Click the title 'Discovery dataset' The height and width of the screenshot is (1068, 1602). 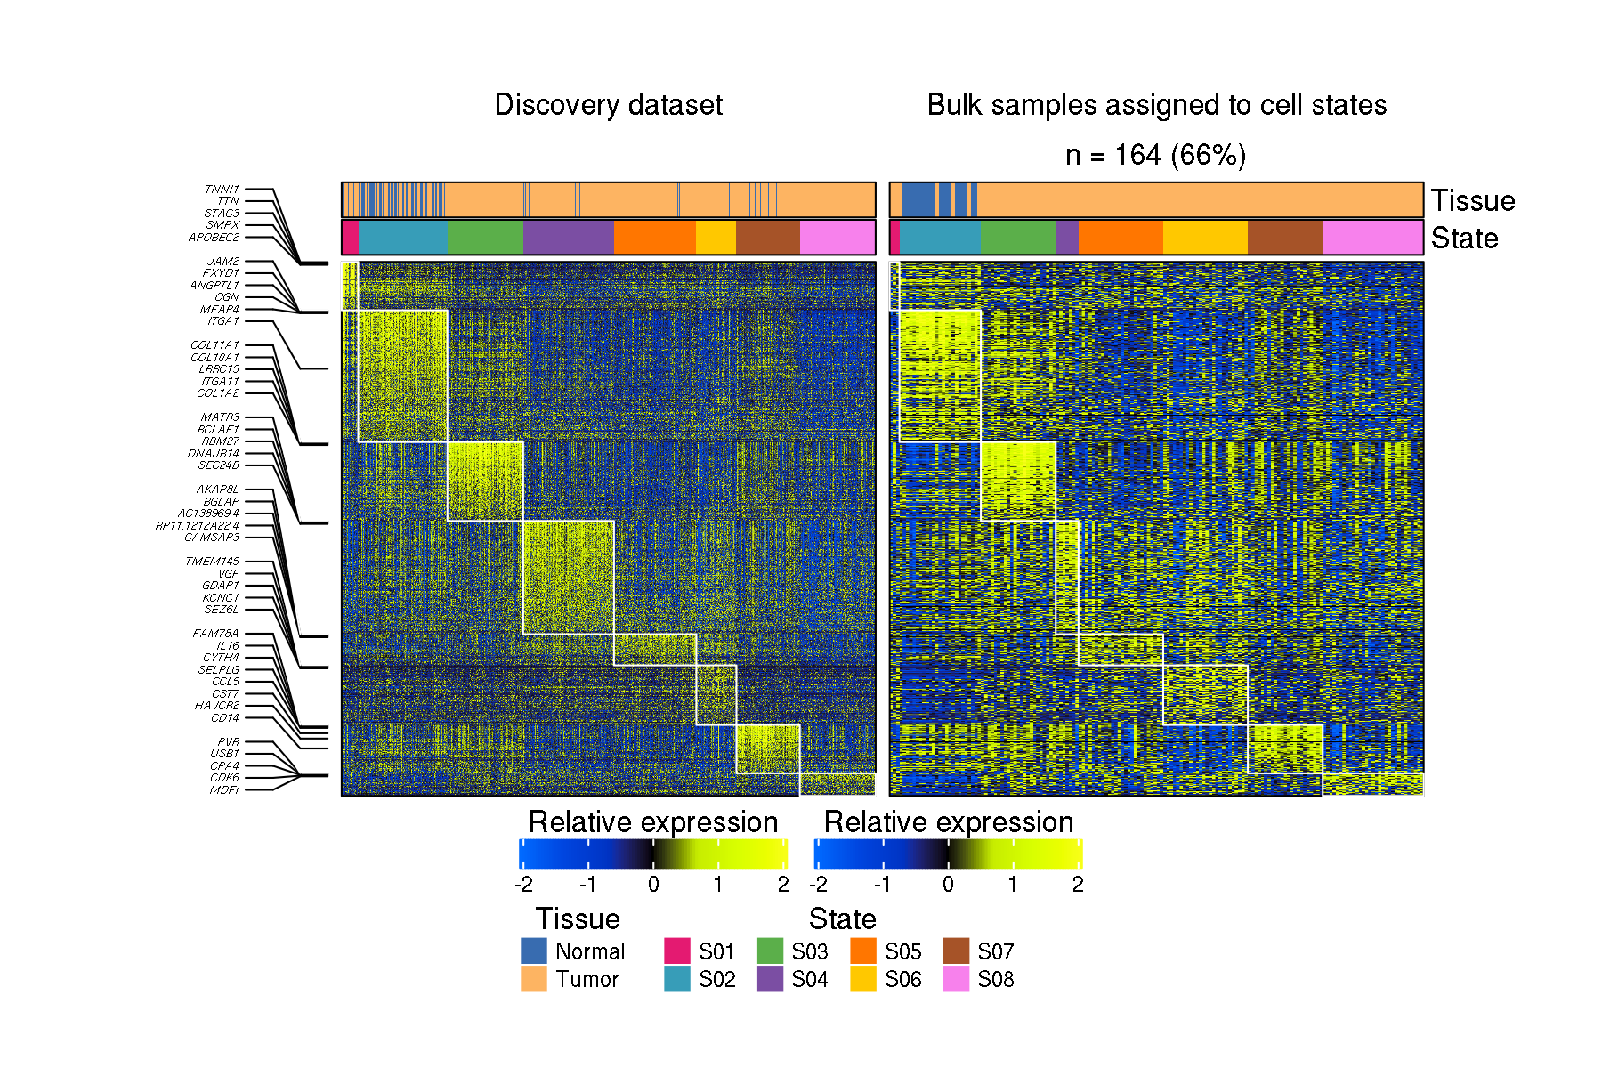(x=608, y=105)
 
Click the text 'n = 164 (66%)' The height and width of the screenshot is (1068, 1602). (x=1155, y=156)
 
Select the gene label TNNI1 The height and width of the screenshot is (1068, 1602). (x=222, y=190)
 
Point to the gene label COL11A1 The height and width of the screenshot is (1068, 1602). (x=214, y=345)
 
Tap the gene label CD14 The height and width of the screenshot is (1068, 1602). (x=224, y=718)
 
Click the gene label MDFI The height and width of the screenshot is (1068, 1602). (x=224, y=790)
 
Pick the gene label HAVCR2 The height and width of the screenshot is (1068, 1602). (x=216, y=706)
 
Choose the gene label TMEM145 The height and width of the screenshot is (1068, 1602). (x=212, y=562)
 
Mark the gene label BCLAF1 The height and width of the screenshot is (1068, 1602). (x=218, y=430)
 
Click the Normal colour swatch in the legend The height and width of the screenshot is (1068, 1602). (x=533, y=951)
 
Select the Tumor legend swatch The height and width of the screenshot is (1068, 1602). (x=533, y=979)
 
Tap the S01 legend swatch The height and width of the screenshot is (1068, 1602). (x=677, y=951)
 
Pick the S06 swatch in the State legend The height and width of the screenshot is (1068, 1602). (x=862, y=979)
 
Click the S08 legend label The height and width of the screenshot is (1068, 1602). (x=995, y=980)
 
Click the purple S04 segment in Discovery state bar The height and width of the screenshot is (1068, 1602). (x=568, y=238)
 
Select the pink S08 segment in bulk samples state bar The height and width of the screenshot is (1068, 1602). (x=1372, y=238)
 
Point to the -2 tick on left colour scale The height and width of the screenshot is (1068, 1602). (x=523, y=885)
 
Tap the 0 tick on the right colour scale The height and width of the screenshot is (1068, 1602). (x=948, y=885)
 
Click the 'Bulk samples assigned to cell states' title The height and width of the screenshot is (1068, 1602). (x=1156, y=105)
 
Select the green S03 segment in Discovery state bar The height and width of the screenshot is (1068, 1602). (x=485, y=238)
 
